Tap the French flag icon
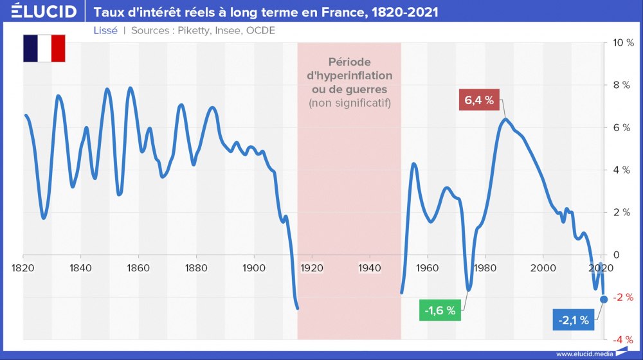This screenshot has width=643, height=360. pos(44,48)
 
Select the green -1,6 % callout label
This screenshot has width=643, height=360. pos(440,310)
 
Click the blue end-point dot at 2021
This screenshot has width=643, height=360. pos(603,299)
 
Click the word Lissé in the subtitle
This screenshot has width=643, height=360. pos(105,30)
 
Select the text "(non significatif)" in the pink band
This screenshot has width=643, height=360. pos(350,103)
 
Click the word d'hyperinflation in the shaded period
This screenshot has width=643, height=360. pos(350,75)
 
